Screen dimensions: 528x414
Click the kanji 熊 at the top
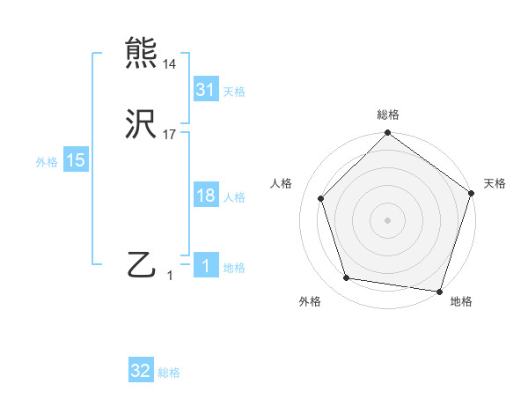(x=142, y=53)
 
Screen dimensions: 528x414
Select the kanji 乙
(x=142, y=265)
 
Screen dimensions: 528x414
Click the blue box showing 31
(x=205, y=90)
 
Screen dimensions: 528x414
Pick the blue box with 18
(x=205, y=196)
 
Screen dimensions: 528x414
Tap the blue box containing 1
(x=205, y=266)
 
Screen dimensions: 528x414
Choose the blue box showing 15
(x=76, y=160)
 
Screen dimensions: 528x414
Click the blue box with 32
(x=141, y=371)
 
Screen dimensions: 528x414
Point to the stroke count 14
(x=169, y=64)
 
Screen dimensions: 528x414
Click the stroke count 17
(x=169, y=136)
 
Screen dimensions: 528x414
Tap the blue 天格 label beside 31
(x=234, y=92)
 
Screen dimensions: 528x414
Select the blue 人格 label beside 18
(x=234, y=197)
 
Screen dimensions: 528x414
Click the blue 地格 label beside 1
(x=234, y=268)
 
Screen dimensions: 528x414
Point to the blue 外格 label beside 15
(x=47, y=162)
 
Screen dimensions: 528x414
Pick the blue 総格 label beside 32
(x=169, y=373)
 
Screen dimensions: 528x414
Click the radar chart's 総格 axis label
(x=388, y=115)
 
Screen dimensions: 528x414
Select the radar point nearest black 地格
(x=439, y=291)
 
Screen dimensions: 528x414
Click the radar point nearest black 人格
(x=321, y=198)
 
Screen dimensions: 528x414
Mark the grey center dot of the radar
(x=387, y=219)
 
